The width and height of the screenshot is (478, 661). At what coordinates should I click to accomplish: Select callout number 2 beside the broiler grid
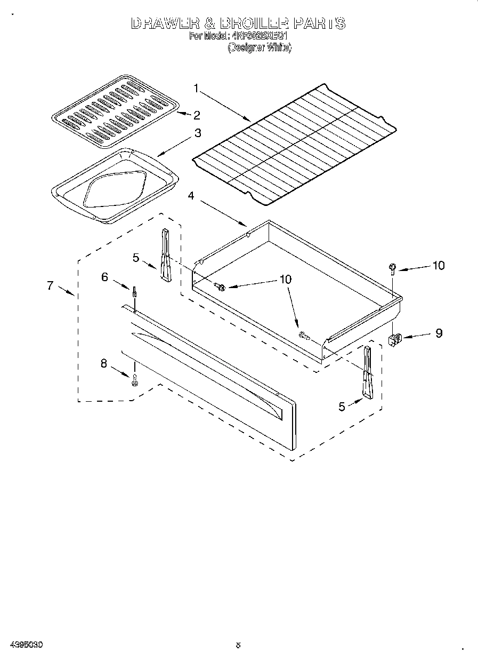point(197,115)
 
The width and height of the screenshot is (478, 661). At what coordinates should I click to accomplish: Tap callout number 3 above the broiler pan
point(197,133)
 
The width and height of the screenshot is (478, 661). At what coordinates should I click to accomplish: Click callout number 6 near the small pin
point(105,276)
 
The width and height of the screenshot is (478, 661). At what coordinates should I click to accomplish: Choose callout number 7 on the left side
point(50,285)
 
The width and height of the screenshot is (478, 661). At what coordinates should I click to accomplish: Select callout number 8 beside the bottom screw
point(103,364)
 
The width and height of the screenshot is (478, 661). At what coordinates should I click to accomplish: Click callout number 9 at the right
point(439,333)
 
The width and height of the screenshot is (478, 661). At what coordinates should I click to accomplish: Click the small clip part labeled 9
point(395,339)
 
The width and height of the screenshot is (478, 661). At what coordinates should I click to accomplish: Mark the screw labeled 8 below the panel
point(134,380)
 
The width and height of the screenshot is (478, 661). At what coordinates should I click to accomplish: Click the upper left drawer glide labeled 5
point(164,254)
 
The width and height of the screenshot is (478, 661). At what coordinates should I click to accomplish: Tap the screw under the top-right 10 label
point(392,268)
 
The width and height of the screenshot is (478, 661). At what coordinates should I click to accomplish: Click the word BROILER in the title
point(254,24)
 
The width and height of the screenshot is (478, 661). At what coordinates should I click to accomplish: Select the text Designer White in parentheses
point(260,47)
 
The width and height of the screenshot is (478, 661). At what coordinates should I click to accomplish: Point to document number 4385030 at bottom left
point(26,645)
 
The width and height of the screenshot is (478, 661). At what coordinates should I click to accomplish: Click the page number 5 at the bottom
point(239,645)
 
